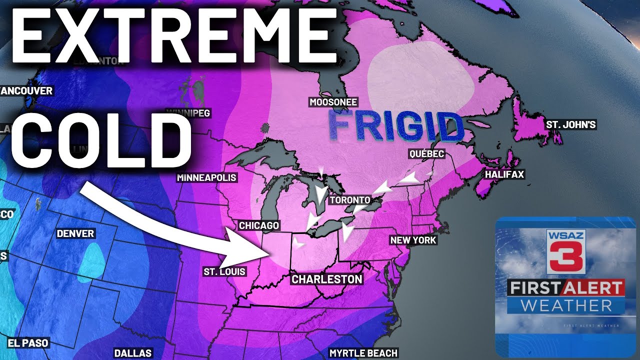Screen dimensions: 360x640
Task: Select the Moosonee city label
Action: (333, 102)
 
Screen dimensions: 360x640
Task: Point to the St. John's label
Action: (571, 124)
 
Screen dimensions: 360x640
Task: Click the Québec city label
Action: (426, 154)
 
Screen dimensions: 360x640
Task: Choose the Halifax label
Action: (504, 174)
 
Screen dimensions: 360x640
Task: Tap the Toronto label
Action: (350, 200)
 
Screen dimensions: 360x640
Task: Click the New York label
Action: (413, 240)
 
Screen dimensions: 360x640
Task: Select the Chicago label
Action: (259, 226)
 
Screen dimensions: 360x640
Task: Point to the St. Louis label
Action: (224, 272)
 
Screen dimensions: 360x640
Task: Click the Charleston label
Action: (327, 279)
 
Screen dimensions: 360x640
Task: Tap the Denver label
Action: (75, 233)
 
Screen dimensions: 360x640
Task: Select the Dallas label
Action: (132, 353)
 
